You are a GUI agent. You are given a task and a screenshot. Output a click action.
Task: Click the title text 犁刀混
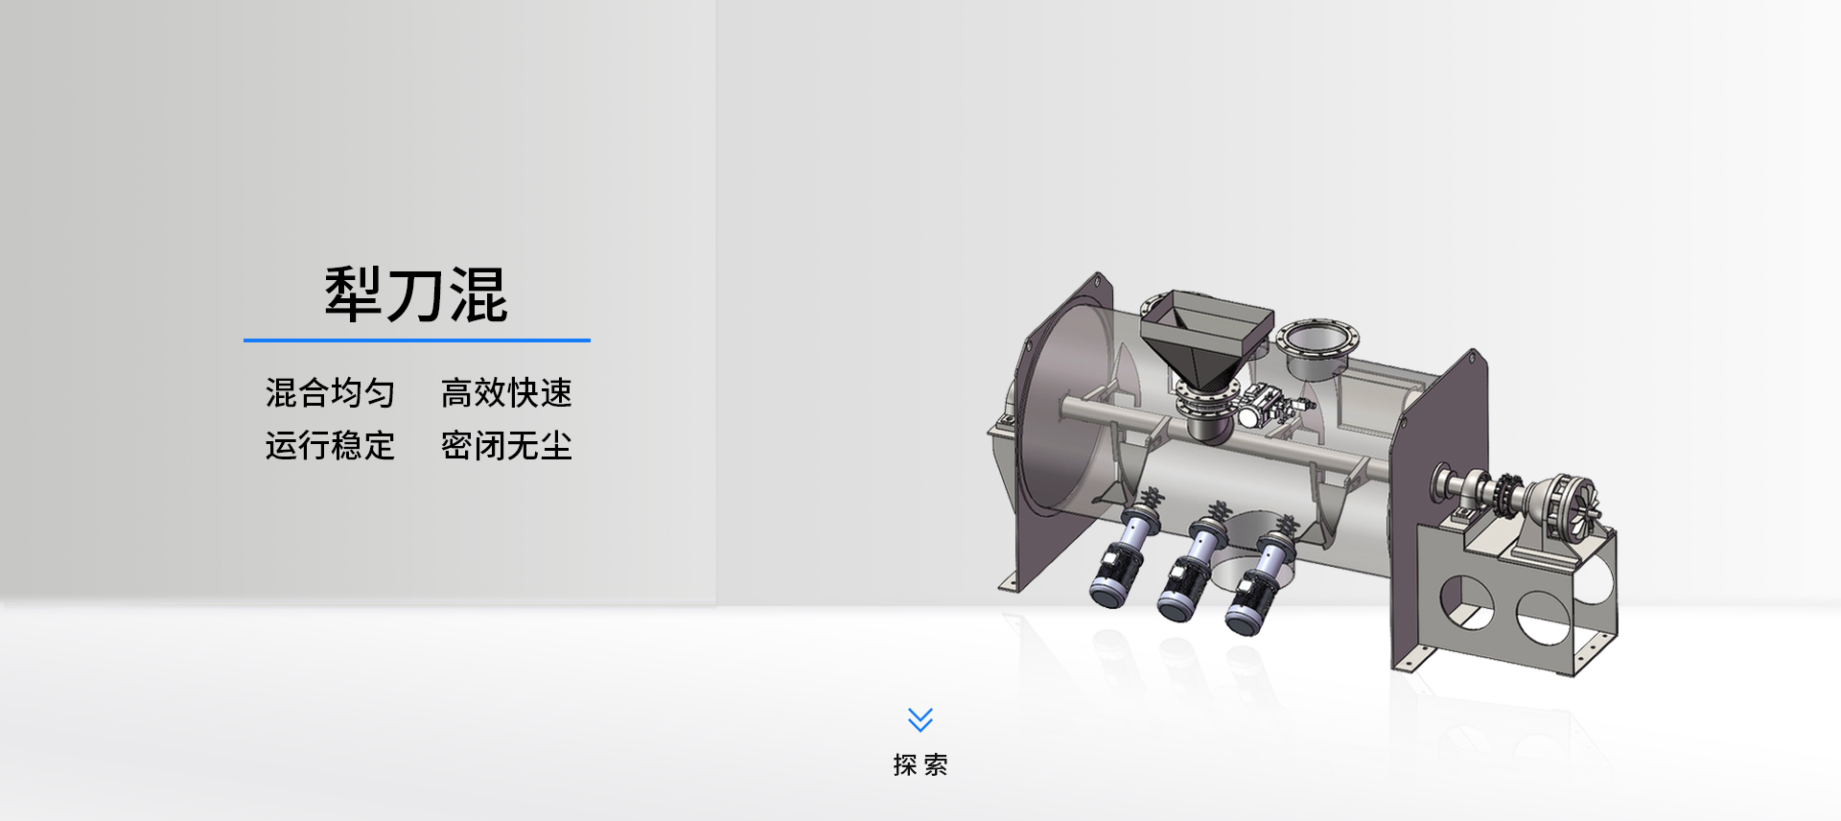point(416,294)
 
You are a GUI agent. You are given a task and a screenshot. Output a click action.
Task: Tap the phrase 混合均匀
point(330,392)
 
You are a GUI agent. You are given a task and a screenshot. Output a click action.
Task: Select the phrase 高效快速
point(506,392)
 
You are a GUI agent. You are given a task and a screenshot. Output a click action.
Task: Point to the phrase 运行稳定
point(330,445)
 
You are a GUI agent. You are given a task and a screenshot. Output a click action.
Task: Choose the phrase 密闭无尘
point(506,445)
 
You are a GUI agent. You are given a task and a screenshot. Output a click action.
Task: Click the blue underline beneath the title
point(417,340)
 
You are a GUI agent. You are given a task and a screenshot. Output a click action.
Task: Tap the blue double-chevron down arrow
point(920,719)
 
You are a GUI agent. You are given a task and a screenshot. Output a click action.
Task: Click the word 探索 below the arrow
point(920,764)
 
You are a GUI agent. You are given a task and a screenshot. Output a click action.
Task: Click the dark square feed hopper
point(1206,336)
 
